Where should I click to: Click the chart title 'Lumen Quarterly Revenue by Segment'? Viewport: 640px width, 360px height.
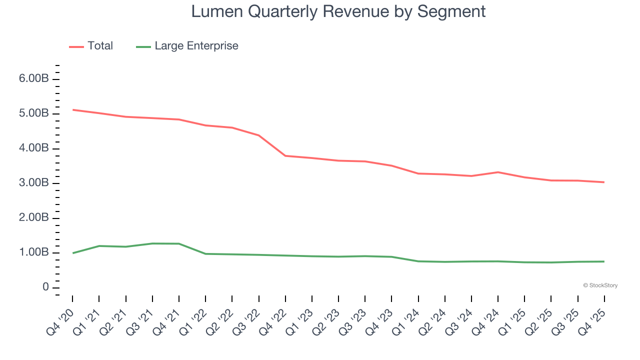[338, 11]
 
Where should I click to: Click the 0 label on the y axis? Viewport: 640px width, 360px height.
[45, 287]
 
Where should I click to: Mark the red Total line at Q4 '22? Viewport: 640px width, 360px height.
[285, 155]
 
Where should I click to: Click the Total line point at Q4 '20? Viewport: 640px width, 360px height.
[73, 109]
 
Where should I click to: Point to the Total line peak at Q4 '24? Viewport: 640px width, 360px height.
[498, 172]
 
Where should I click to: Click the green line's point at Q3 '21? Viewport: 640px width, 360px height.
[152, 243]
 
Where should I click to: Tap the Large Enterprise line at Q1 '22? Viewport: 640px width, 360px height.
[205, 254]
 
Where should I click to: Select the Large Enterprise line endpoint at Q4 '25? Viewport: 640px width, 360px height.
[604, 261]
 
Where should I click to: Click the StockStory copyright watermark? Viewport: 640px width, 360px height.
[600, 285]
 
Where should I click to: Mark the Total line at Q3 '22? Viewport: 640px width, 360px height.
[259, 135]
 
